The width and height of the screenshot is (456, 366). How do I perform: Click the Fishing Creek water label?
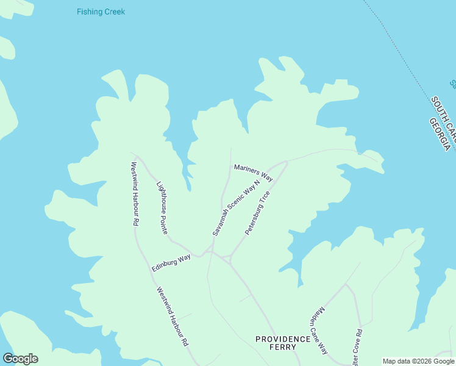(101, 12)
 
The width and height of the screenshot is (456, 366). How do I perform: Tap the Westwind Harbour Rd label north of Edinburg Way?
(134, 194)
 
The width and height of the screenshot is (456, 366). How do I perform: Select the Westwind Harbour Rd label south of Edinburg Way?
(172, 317)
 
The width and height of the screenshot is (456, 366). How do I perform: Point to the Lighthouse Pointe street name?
(162, 208)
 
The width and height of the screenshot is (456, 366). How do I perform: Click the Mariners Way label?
(253, 172)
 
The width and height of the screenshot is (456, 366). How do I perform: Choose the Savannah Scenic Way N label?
(236, 207)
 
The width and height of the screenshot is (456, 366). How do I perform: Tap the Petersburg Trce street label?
(257, 213)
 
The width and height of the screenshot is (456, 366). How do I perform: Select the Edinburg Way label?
(171, 264)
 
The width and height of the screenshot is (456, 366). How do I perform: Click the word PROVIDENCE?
(283, 339)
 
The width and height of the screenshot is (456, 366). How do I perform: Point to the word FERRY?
(283, 347)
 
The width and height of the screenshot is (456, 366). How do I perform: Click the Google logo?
(20, 358)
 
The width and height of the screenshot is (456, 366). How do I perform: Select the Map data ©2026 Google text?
(418, 361)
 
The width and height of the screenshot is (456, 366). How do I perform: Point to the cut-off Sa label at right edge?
(452, 84)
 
